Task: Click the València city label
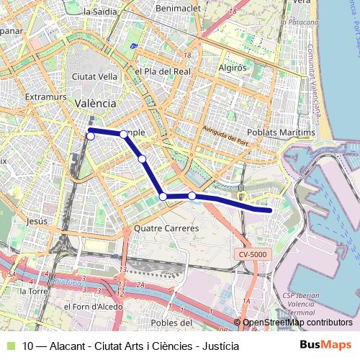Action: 95,104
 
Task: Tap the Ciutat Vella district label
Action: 90,76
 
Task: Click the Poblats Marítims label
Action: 281,133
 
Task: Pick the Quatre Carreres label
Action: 166,228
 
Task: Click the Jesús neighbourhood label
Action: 36,222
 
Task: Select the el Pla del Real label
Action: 162,72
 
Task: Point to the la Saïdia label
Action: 100,12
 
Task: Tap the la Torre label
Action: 33,292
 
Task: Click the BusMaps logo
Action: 325,345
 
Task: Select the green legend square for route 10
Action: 10,346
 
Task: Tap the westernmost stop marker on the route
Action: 91,136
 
